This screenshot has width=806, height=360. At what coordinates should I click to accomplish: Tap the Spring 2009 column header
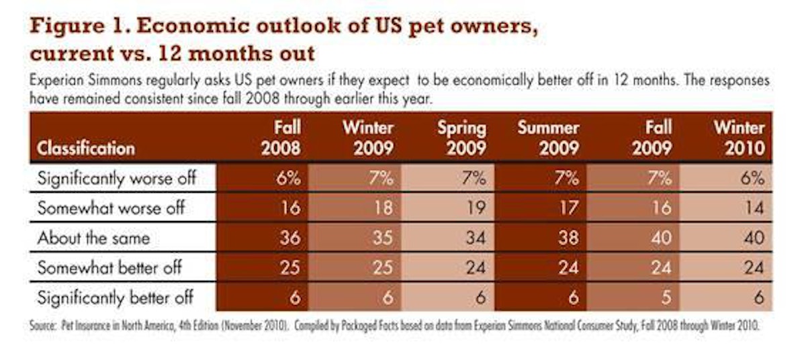[461, 138]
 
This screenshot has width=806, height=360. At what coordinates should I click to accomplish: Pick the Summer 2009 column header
[548, 138]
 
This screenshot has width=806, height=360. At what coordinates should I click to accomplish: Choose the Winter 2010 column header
[738, 138]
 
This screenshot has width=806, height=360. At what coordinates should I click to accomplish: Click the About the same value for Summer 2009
[568, 238]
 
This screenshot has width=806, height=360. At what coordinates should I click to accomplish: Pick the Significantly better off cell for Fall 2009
[664, 297]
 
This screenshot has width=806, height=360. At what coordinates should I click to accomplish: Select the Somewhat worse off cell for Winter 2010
[753, 208]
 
